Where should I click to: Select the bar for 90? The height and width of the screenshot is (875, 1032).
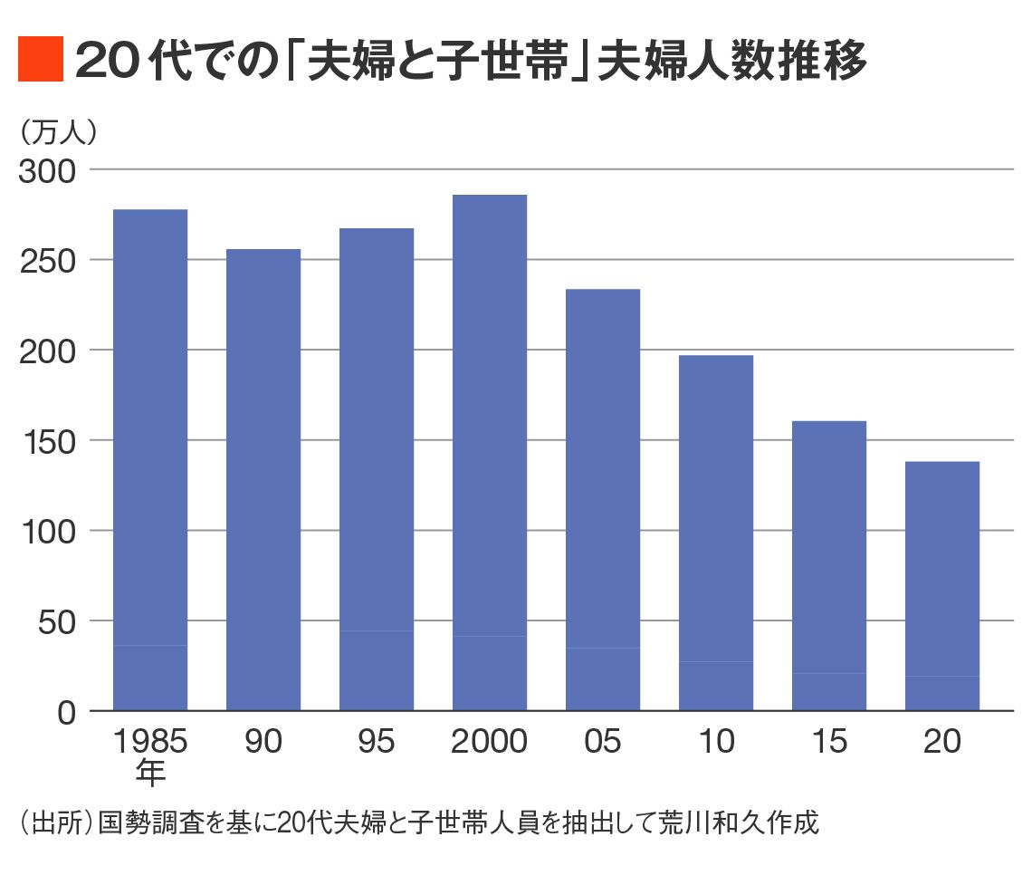point(263,480)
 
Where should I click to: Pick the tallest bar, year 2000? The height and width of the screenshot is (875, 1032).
point(490,453)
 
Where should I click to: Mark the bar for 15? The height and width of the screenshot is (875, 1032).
point(829,566)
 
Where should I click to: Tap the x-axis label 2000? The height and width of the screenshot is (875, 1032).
point(490,742)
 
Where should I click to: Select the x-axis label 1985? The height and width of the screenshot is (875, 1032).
point(150,742)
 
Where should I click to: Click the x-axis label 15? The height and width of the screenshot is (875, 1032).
point(829,742)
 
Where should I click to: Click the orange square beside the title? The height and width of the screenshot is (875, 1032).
point(41,60)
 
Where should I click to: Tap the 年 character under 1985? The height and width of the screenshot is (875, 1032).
point(150,772)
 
